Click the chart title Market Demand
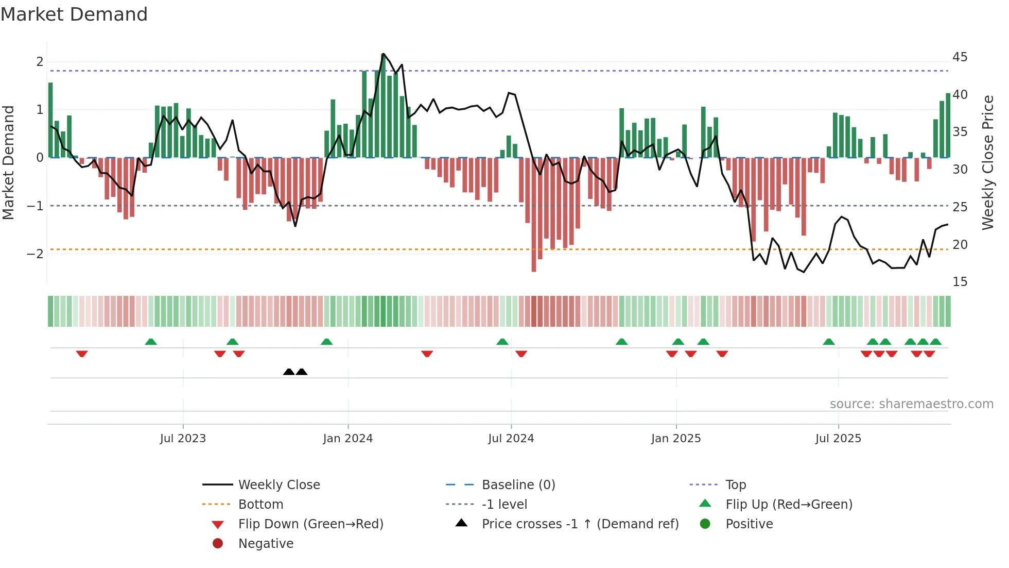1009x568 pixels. pos(74,14)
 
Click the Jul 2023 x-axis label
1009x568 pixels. pos(183,439)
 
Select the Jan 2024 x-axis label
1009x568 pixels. pos(348,439)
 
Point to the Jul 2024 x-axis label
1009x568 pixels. pos(511,439)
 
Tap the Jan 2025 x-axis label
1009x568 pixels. pos(676,439)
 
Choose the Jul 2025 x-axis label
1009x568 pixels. pos(838,439)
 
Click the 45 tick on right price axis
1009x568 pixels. pos(960,57)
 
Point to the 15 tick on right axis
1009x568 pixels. pos(960,282)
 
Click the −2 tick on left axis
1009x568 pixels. pos(35,254)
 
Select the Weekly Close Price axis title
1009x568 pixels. pos(987,162)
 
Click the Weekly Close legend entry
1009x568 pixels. pos(279,485)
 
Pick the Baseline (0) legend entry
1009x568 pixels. pos(518,485)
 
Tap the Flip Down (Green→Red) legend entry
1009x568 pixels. pos(310,524)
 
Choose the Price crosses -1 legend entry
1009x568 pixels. pos(580,524)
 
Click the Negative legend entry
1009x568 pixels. pos(266,544)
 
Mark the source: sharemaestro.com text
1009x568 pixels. pos(911,404)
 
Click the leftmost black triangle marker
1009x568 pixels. pos(289,372)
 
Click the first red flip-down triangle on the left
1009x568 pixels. pos(82,354)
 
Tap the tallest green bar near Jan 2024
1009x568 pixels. pos(383,106)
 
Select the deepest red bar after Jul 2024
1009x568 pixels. pos(534,214)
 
